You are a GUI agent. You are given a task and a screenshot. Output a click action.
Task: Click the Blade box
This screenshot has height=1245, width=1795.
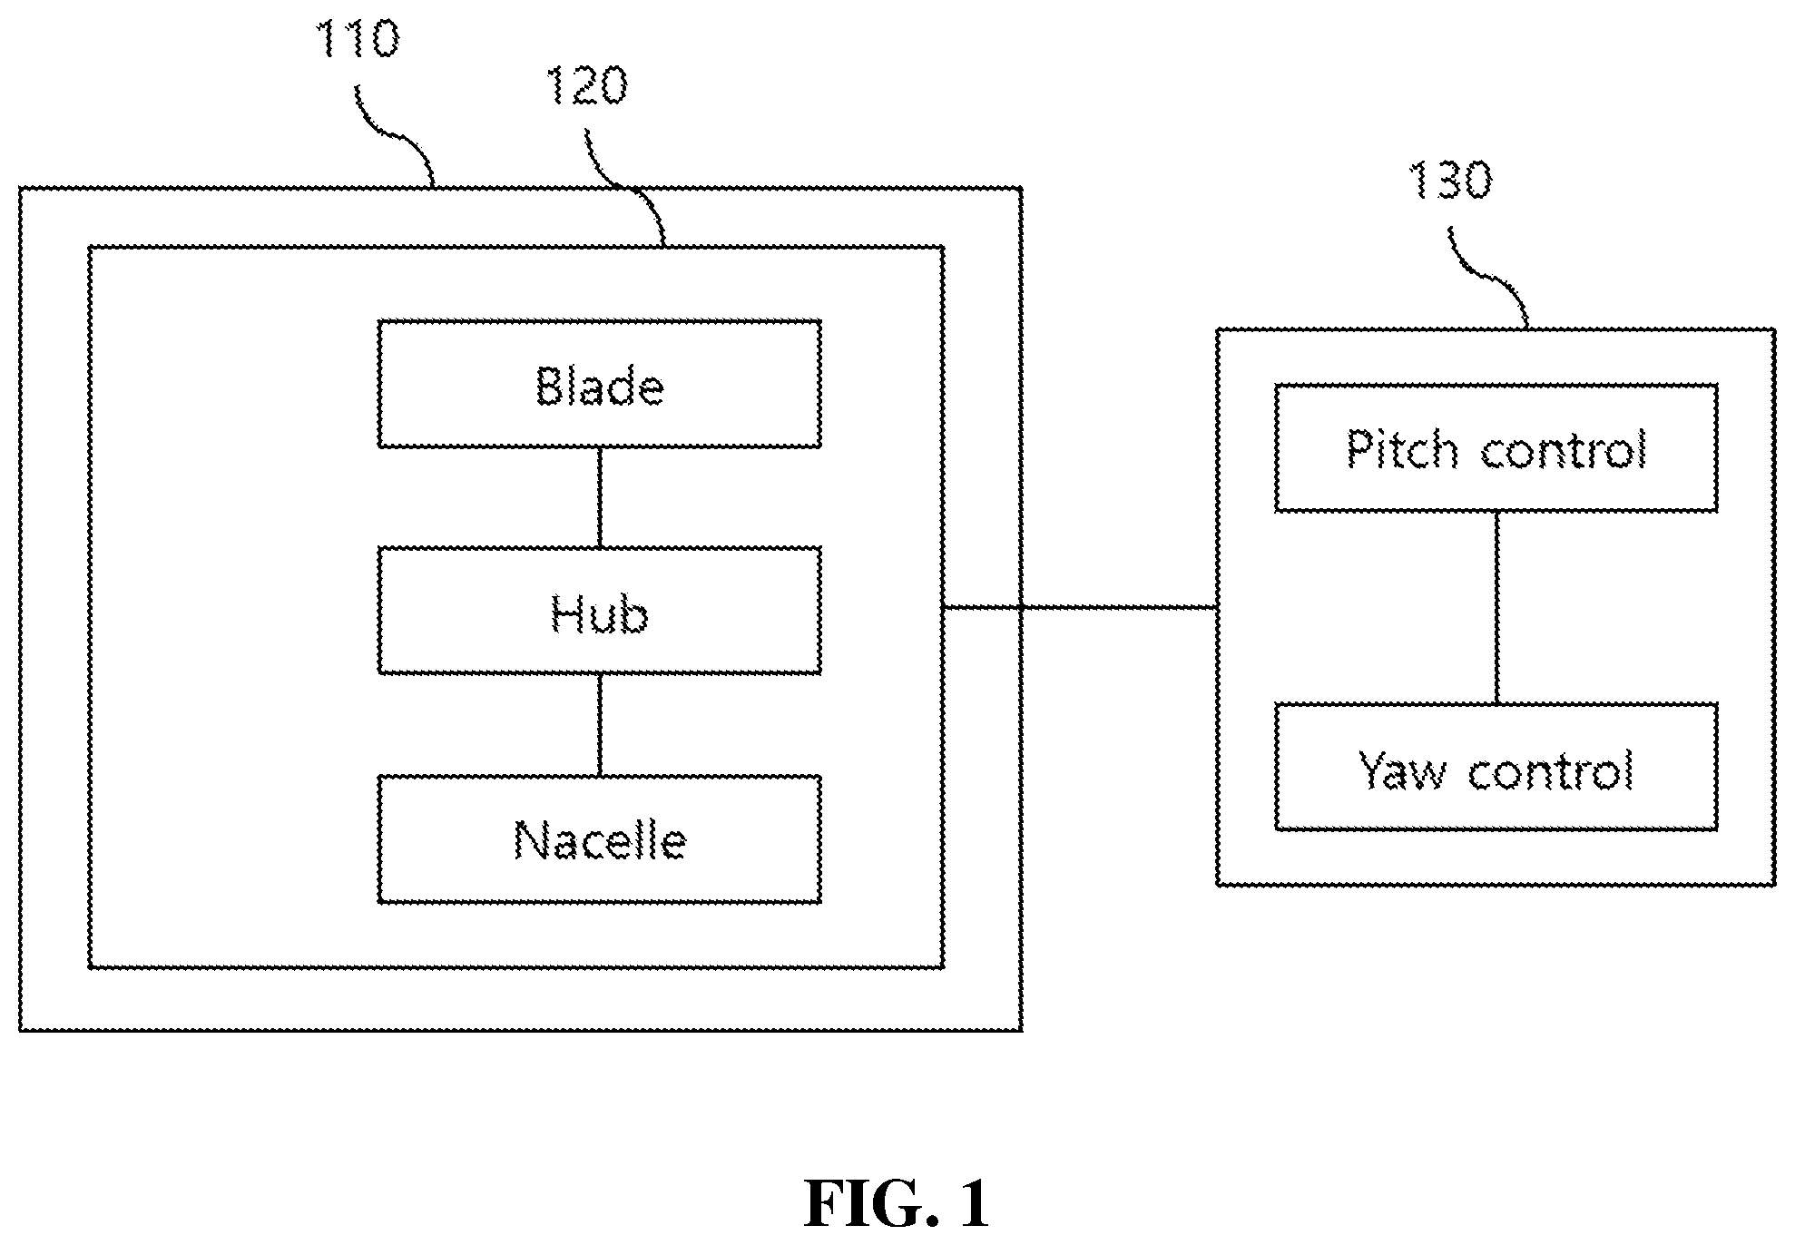(600, 384)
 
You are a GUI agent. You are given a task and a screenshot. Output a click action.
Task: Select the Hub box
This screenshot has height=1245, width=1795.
(600, 611)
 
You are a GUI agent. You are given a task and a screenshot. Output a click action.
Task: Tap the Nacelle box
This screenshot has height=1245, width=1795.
(600, 839)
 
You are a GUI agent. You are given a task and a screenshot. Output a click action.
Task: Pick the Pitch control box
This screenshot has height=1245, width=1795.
(1496, 448)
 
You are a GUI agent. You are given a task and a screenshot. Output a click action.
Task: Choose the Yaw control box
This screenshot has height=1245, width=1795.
(1496, 767)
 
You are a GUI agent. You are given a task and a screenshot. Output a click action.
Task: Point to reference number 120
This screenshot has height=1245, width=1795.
(585, 86)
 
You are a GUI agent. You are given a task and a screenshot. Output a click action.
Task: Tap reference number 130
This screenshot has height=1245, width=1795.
(1449, 181)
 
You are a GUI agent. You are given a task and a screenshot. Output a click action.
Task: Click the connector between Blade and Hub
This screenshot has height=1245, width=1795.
(600, 497)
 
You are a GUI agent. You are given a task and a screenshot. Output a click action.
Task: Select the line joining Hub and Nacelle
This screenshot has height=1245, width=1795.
(600, 725)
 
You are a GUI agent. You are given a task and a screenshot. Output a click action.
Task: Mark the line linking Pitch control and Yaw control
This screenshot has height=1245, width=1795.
(1496, 608)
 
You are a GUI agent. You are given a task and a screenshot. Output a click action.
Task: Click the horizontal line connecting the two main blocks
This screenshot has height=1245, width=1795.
(1080, 607)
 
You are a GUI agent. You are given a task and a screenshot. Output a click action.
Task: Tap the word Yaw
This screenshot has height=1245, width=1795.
(1403, 770)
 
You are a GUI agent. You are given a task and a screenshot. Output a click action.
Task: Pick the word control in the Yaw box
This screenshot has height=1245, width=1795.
(1551, 770)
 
